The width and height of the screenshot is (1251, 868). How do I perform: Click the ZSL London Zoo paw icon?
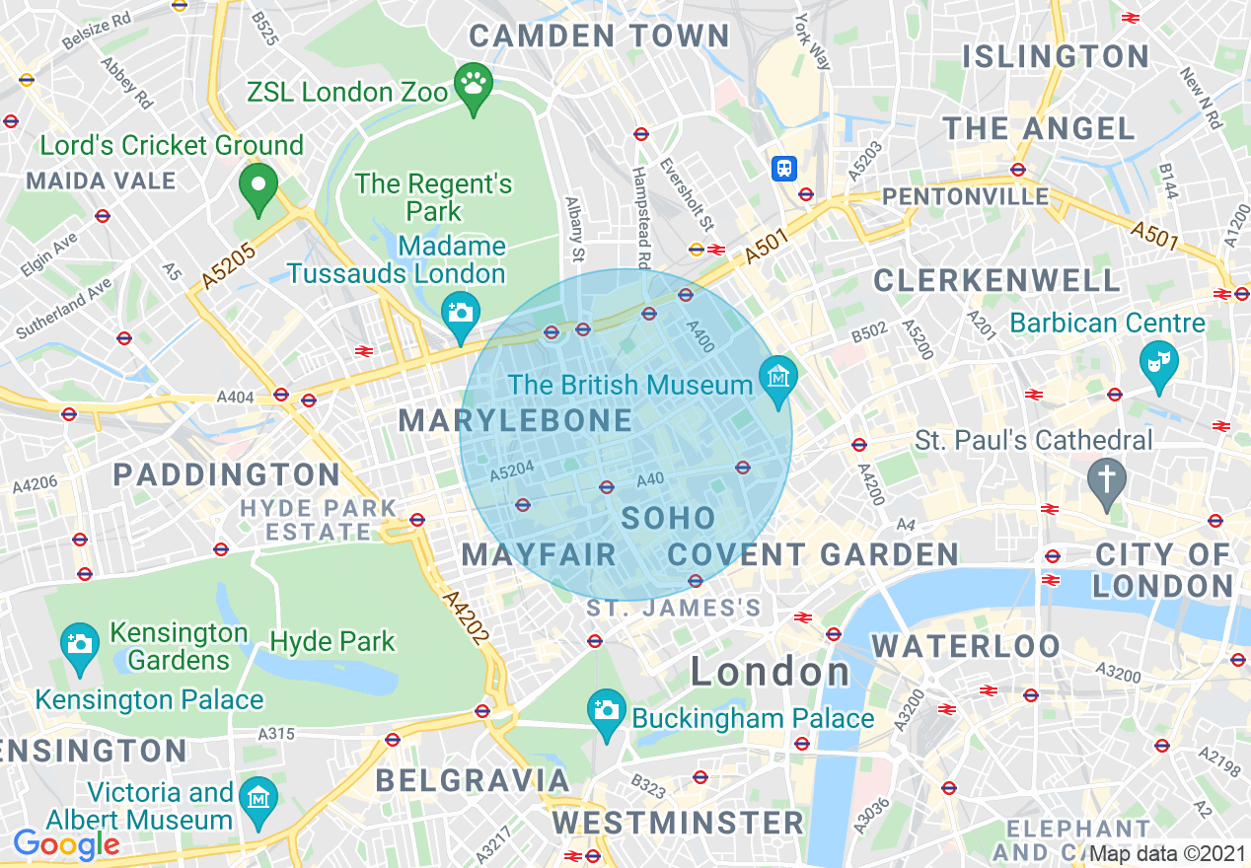point(474,83)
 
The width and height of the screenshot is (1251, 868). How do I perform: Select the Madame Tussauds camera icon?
point(460,314)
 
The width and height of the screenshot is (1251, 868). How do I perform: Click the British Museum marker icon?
point(778,378)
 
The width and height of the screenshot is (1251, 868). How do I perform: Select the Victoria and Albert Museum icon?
point(259,795)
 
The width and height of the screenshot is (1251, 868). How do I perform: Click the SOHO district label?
point(668,518)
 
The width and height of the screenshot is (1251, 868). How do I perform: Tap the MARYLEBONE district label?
point(515,421)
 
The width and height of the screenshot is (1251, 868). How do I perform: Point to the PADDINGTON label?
point(227,474)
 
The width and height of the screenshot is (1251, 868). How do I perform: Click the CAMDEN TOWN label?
point(599,36)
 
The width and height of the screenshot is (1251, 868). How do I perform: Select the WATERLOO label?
point(966,647)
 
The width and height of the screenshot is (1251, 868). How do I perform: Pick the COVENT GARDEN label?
point(813,554)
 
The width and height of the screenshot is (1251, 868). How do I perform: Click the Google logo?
point(66,844)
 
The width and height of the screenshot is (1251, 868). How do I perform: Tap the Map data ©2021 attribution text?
point(1167,854)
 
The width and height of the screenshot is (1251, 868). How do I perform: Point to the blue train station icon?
point(784,168)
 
